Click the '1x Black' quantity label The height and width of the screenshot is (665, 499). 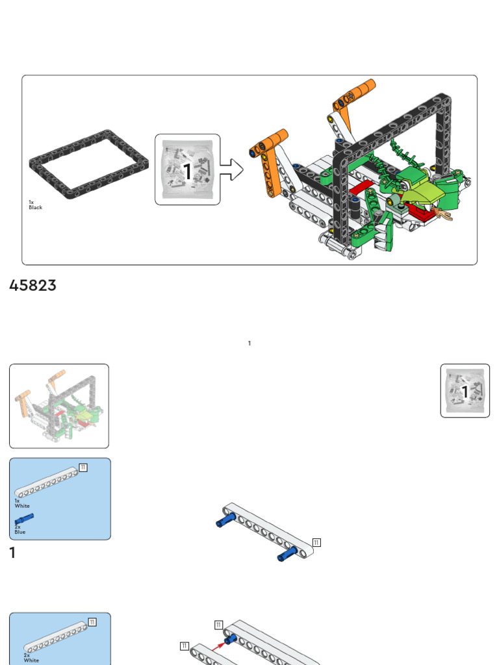(35, 205)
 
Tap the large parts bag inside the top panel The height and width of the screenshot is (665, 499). (187, 169)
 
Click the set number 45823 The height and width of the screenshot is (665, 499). (32, 286)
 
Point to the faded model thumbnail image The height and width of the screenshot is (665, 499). (58, 406)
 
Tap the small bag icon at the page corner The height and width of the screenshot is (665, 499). (465, 390)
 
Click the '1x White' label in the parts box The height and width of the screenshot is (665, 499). (21, 503)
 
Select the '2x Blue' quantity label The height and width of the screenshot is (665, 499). (19, 529)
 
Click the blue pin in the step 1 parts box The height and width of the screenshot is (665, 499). (25, 518)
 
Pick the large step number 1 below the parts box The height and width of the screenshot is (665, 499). (12, 553)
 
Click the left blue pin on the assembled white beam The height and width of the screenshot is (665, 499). (225, 520)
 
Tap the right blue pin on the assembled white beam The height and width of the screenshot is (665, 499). (287, 554)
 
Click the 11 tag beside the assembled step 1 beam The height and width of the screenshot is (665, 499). (316, 543)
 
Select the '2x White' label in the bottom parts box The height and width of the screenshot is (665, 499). (31, 658)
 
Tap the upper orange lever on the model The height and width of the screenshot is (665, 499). (355, 95)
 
